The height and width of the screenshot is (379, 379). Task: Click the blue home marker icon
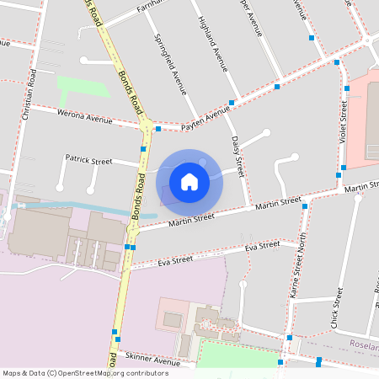[189, 181]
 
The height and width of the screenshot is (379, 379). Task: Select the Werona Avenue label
[84, 117]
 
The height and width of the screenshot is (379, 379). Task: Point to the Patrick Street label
[88, 158]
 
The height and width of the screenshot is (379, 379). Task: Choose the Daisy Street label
[238, 155]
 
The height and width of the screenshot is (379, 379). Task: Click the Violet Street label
[343, 122]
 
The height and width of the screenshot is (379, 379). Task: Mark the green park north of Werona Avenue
[83, 87]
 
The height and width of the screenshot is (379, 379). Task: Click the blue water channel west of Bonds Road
[84, 208]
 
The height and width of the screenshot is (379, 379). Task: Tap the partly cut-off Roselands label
[365, 344]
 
